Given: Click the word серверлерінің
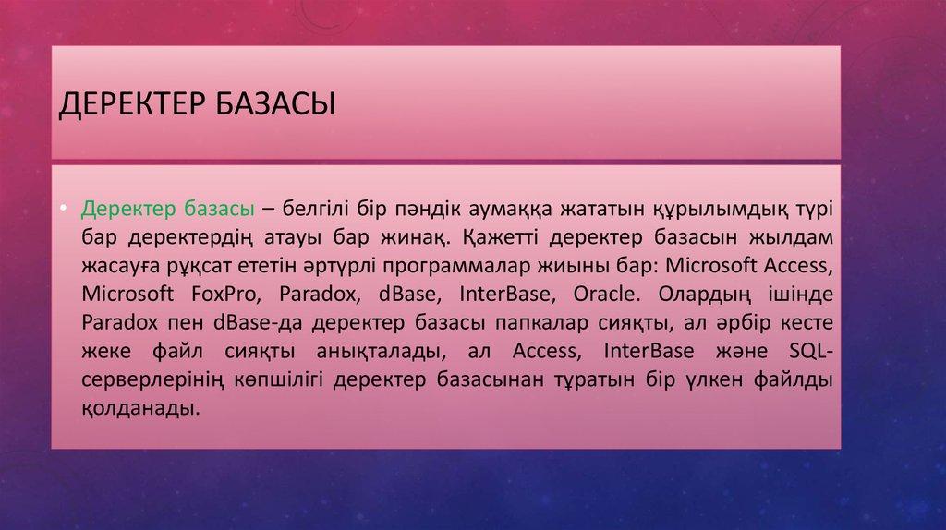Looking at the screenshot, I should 150,381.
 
